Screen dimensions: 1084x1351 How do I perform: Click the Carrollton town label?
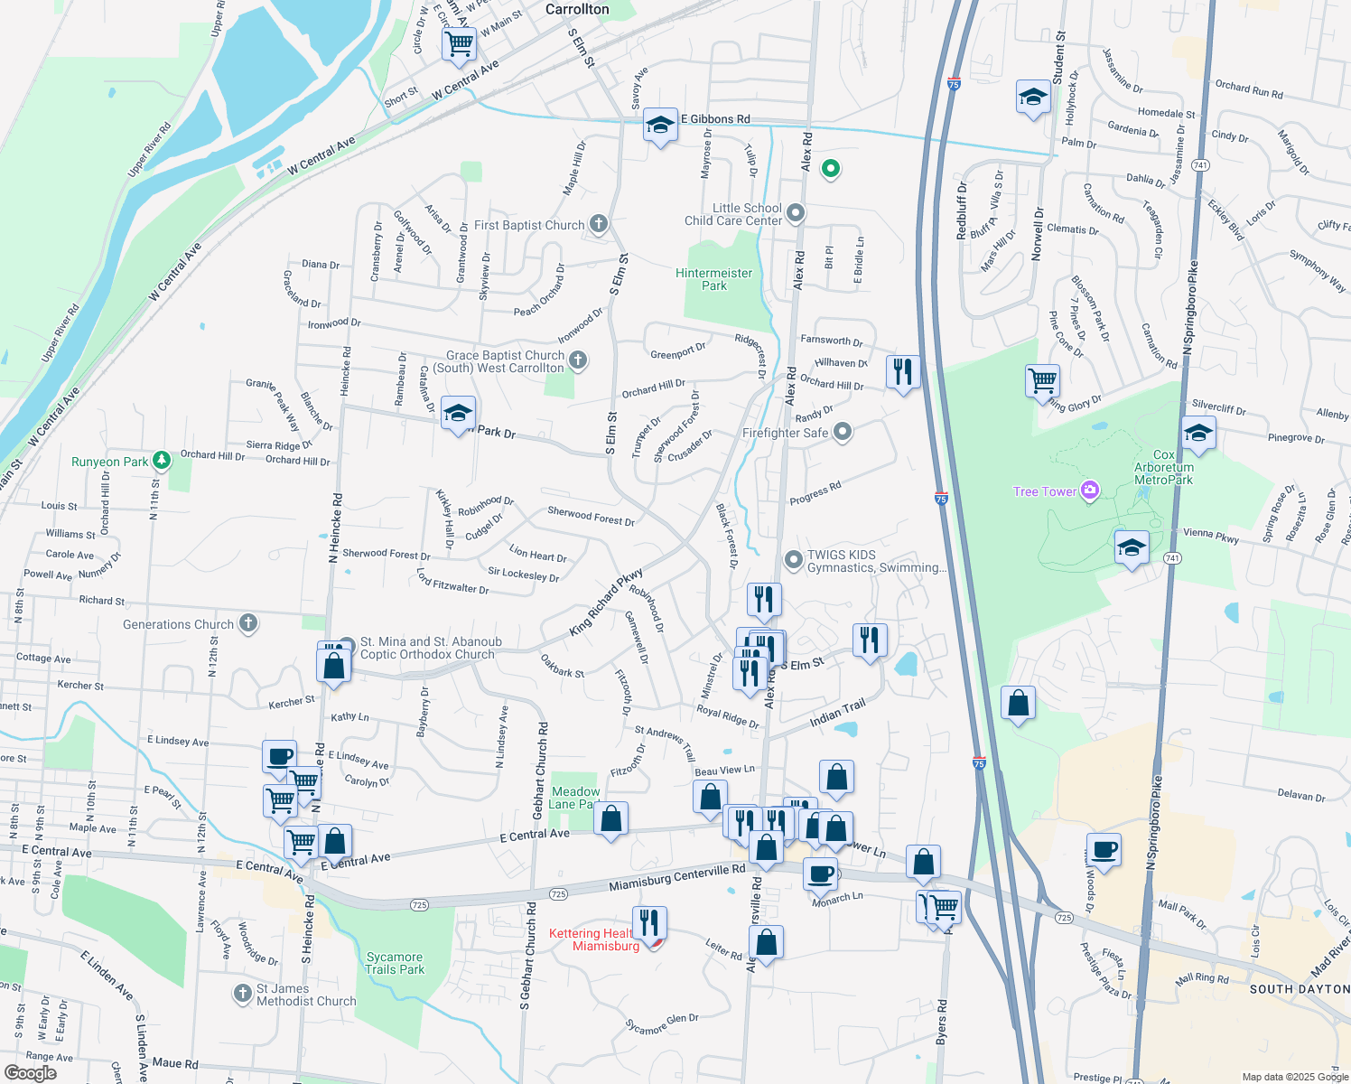point(577,9)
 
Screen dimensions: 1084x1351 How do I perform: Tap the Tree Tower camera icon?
point(1090,491)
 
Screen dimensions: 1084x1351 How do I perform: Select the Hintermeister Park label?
point(713,279)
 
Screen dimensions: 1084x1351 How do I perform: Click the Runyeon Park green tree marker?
point(162,461)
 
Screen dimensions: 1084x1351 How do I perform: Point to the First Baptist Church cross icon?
point(598,224)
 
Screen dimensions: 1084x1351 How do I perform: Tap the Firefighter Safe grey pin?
point(842,432)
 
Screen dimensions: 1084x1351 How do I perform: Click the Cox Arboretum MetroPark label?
point(1164,467)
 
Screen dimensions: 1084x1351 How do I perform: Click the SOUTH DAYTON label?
point(1300,989)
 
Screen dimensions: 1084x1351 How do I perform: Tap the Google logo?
point(30,1072)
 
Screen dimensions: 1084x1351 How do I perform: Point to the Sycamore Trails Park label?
point(395,963)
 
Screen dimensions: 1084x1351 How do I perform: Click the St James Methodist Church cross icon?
point(242,994)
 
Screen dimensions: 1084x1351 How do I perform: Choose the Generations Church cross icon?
point(248,623)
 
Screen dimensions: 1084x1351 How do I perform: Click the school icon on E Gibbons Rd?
point(660,126)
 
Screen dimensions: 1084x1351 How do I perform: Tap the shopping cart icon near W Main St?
point(460,42)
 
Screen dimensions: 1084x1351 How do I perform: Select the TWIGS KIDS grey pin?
point(793,560)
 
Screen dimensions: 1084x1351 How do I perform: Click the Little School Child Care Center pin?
point(795,213)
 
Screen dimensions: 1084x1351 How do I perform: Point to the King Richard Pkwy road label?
point(605,603)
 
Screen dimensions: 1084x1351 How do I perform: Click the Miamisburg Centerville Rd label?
point(676,877)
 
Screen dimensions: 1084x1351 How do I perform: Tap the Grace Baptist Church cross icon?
point(578,360)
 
